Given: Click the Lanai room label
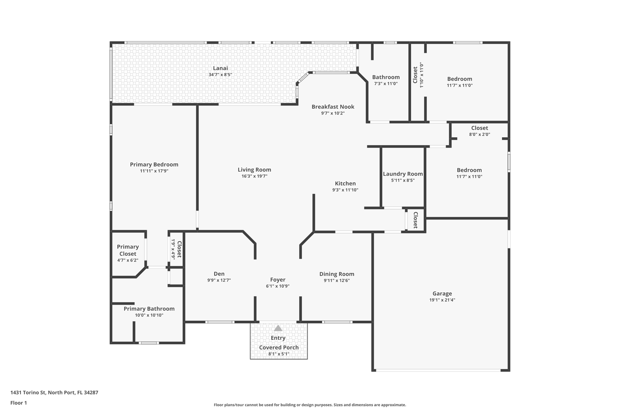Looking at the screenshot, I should pos(220,68).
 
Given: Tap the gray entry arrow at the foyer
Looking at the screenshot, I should pos(278,328).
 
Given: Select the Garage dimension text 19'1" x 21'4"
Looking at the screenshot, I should pos(442,300).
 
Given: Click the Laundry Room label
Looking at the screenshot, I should pos(403,174).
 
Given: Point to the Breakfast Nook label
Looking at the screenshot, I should pos(333,107).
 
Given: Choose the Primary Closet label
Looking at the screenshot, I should pos(128,250).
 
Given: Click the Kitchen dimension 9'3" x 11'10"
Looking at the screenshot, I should pos(345,190).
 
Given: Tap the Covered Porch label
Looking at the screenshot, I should pos(279,348).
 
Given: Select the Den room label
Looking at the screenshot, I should pos(219,274).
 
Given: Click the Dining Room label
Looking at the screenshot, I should pos(337,274).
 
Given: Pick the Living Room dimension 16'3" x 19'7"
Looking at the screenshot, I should pos(254,176).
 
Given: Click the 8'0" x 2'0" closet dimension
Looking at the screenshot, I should pos(480,134).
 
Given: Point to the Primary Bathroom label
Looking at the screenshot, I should pos(149,309).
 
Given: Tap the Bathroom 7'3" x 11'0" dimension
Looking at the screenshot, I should pos(386,84).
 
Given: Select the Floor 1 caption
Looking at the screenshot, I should pos(18,403).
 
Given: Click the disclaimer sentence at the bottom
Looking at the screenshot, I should pos(310,405).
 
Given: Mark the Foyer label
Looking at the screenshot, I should pos(278,280).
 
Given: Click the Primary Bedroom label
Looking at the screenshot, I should pos(154,165).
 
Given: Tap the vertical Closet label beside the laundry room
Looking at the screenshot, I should pos(416,220).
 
